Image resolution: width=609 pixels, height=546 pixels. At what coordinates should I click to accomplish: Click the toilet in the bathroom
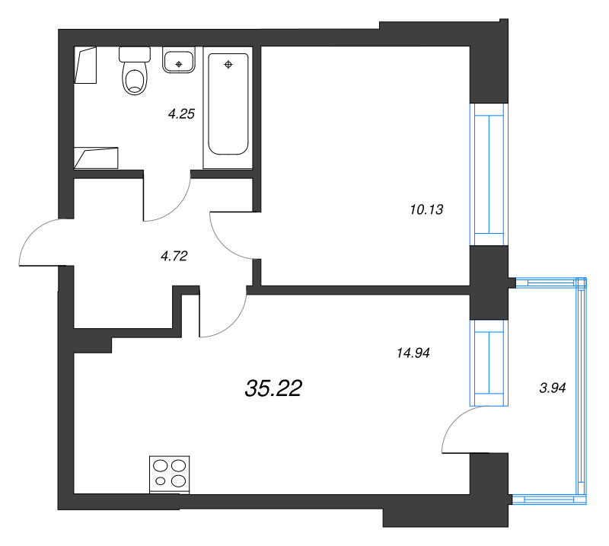point(135,71)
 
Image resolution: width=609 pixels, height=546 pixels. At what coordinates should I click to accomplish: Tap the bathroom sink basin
point(179,62)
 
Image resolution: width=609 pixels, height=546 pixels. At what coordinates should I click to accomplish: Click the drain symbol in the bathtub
point(228,65)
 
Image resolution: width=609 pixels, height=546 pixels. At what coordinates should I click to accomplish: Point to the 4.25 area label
point(181,114)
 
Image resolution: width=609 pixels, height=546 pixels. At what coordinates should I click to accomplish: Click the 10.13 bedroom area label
point(426,210)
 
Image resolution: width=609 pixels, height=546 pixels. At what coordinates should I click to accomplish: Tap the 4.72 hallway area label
point(174,256)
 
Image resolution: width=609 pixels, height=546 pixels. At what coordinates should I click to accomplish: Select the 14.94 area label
point(413,353)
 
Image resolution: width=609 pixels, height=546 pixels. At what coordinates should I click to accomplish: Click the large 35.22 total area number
point(273,388)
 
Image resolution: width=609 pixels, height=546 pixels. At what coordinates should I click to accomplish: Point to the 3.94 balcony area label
point(553,388)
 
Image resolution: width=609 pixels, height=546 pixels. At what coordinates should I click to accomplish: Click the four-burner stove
point(169,474)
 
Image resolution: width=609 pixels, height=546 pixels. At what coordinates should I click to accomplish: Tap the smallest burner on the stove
point(161,481)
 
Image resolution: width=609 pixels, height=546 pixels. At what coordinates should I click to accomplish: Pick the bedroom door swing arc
point(222,242)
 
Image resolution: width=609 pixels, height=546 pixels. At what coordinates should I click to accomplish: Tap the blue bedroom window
point(489,174)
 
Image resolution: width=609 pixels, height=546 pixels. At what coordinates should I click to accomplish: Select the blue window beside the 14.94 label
point(489,363)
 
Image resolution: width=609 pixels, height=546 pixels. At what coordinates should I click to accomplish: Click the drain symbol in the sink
point(179,64)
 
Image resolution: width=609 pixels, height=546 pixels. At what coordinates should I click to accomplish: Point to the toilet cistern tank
point(135,54)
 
